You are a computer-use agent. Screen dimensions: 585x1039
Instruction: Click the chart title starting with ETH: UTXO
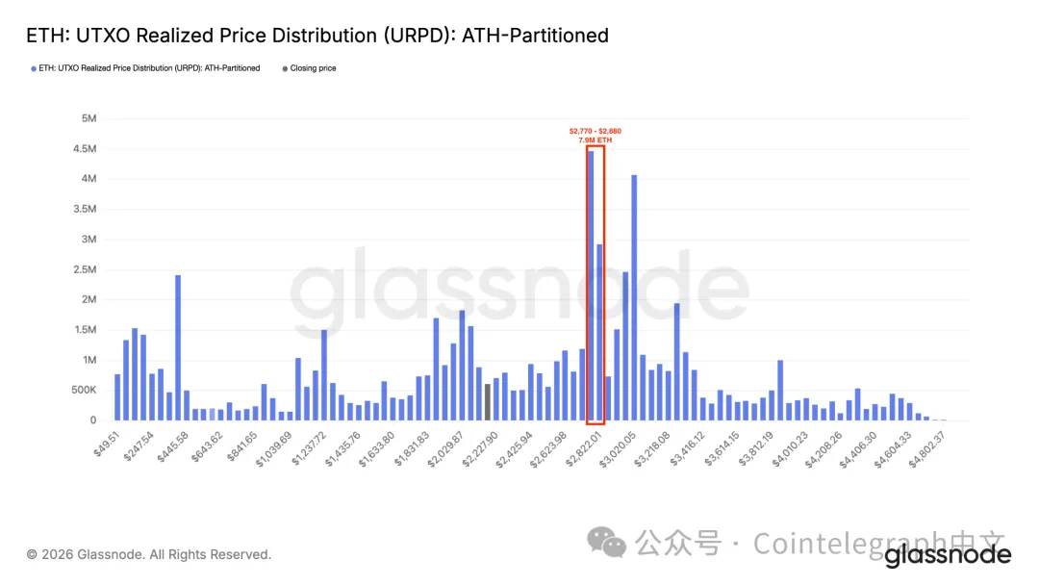(317, 36)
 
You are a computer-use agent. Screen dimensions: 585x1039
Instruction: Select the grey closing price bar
(488, 402)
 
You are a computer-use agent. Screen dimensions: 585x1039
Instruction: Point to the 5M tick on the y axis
(89, 118)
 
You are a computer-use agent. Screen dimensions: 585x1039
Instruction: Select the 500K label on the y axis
(84, 390)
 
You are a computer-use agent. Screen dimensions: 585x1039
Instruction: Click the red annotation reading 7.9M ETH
(595, 140)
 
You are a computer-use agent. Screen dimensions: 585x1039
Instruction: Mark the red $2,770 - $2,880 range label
(595, 131)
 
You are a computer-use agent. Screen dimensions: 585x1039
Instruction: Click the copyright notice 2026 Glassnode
(149, 554)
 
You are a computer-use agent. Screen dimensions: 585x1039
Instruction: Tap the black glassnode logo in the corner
(948, 555)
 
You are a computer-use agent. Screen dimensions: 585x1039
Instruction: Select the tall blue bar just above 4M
(634, 297)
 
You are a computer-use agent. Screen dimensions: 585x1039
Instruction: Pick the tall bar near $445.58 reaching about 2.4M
(178, 347)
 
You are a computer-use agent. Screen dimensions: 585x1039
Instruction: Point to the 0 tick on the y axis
(93, 420)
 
